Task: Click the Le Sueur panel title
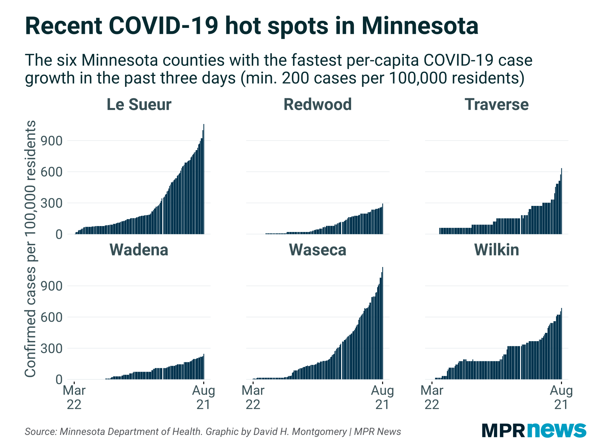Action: pos(139,104)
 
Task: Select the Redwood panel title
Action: pos(318,104)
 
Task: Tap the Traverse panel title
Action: pos(497,104)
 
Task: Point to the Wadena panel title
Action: pos(139,249)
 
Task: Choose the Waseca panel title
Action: pos(318,249)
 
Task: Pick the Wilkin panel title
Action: pos(497,249)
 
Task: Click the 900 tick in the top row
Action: pos(52,141)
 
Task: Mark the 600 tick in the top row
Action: pos(52,172)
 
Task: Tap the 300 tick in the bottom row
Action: pos(52,349)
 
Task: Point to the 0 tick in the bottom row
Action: pos(59,380)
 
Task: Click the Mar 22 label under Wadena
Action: pos(74,398)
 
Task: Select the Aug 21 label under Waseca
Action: pos(382,398)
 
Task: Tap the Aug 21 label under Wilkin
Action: pos(561,398)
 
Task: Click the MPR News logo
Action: pos(534,430)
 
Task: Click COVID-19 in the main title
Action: pos(163,26)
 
